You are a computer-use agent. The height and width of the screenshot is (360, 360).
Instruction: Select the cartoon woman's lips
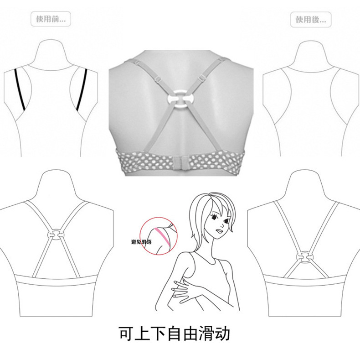(x=219, y=232)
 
